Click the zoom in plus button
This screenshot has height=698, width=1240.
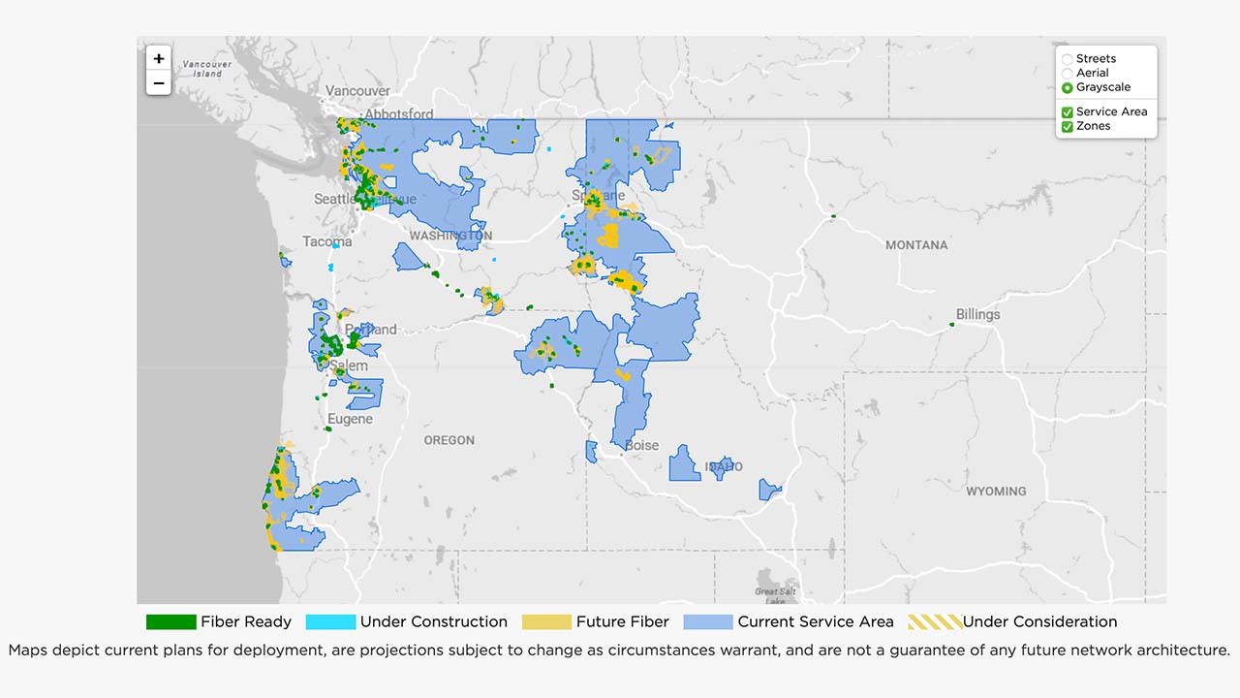(159, 58)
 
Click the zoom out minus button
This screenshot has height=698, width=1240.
(159, 83)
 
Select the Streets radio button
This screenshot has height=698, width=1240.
(1068, 59)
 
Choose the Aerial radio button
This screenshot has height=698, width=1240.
(1068, 74)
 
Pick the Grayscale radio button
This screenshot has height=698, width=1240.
(1068, 87)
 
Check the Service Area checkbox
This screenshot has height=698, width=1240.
(1068, 112)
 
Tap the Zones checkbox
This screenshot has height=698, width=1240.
(1068, 127)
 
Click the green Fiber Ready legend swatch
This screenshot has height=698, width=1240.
(170, 622)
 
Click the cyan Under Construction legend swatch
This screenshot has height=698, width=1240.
(329, 622)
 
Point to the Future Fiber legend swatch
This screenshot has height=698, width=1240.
(546, 622)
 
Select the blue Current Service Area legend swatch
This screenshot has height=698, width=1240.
(707, 622)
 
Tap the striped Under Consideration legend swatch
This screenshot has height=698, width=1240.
(934, 622)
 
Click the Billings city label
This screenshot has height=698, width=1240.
(977, 315)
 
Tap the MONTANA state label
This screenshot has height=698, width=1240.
(916, 245)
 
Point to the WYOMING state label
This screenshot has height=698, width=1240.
(995, 492)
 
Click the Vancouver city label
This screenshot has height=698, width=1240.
(357, 91)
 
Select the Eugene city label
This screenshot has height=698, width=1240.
(350, 420)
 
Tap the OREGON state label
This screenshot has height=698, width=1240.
(449, 440)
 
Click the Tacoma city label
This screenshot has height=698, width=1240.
(326, 241)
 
